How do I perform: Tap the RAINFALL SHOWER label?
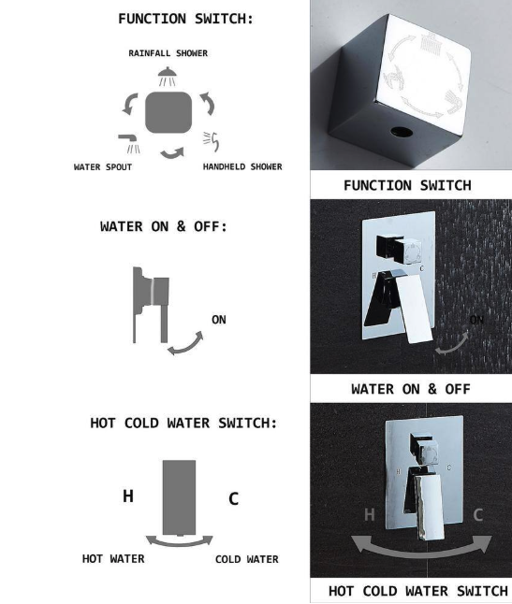pyautogui.click(x=168, y=53)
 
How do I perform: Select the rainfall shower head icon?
pyautogui.click(x=167, y=75)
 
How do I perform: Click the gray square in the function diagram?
pyautogui.click(x=168, y=113)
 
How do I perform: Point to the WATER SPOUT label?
pyautogui.click(x=103, y=168)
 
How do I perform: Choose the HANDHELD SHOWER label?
pyautogui.click(x=242, y=168)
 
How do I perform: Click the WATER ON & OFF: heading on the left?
pyautogui.click(x=163, y=227)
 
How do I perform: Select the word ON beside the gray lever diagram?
pyautogui.click(x=218, y=320)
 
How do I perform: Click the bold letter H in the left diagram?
pyautogui.click(x=128, y=496)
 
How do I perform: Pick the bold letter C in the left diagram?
pyautogui.click(x=233, y=499)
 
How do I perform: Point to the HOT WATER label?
pyautogui.click(x=112, y=559)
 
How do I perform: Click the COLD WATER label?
pyautogui.click(x=246, y=559)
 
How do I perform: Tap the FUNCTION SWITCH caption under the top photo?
pyautogui.click(x=407, y=185)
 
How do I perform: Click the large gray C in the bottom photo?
pyautogui.click(x=478, y=513)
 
